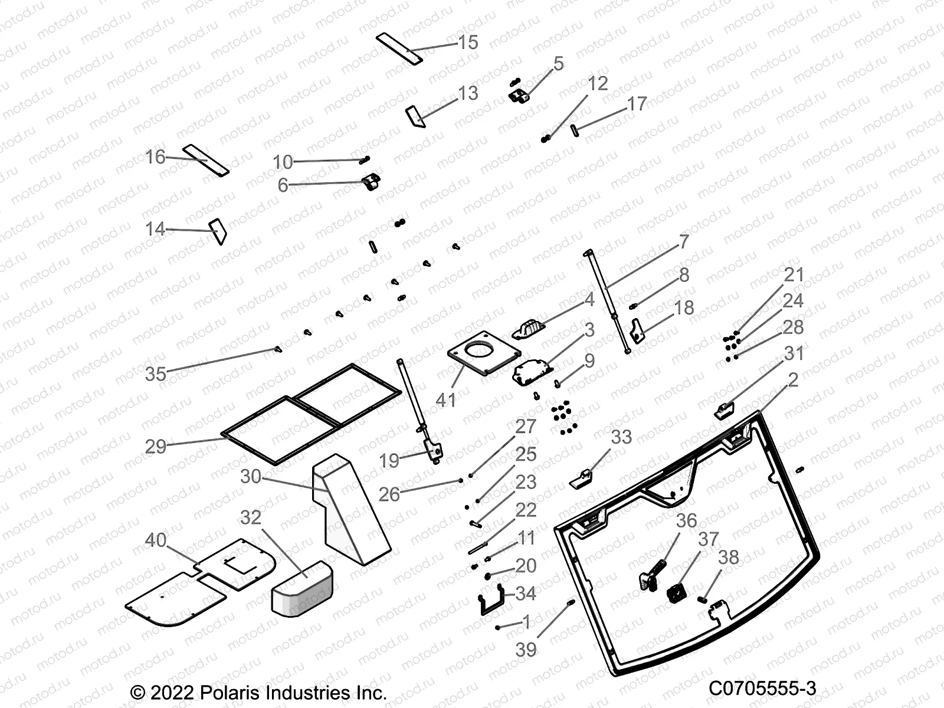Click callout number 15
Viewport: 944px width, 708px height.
[x=468, y=42]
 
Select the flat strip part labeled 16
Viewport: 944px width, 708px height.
[x=205, y=160]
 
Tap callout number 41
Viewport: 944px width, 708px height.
[x=446, y=400]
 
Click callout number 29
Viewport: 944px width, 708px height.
[x=156, y=446]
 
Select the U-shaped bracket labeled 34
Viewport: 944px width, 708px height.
[x=490, y=600]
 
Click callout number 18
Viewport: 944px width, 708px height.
[x=684, y=308]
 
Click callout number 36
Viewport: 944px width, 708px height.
[x=686, y=521]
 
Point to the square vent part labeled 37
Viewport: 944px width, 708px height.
[x=676, y=593]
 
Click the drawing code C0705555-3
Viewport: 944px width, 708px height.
[x=762, y=688]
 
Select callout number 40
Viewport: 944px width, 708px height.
[x=156, y=540]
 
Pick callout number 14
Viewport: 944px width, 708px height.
[x=155, y=229]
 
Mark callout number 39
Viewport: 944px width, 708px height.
[x=526, y=650]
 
